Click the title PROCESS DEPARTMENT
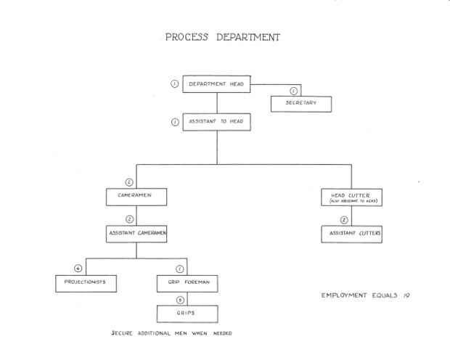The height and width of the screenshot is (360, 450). point(223,37)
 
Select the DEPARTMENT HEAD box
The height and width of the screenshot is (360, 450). point(216,84)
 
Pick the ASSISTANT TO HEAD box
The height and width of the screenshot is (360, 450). point(216,122)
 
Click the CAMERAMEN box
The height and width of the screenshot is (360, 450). point(137,196)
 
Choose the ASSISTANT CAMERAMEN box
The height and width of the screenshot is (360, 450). point(137,234)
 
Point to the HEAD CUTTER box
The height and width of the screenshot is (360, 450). point(351,197)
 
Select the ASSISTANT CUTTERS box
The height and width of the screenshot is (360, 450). point(351,234)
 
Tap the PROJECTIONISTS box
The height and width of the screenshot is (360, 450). point(86,283)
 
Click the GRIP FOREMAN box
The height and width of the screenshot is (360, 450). point(187,283)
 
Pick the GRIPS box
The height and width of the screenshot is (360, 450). point(187,314)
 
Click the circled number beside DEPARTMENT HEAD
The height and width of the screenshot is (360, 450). point(174,84)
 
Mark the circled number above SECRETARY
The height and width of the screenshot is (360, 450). point(294,91)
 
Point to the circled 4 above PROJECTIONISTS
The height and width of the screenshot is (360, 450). point(88,269)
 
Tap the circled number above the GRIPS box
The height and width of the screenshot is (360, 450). point(180,298)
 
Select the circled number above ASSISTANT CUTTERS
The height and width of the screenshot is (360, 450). point(344,219)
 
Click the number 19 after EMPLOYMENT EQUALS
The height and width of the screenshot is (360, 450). point(406,295)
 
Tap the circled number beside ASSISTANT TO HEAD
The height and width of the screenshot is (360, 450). point(174,122)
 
